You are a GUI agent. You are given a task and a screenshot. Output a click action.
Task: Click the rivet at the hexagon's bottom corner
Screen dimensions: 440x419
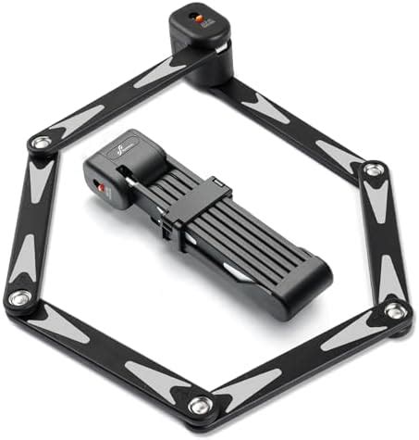tap(201, 404)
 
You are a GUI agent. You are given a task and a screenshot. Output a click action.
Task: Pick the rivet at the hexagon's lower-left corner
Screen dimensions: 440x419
tap(18, 299)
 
